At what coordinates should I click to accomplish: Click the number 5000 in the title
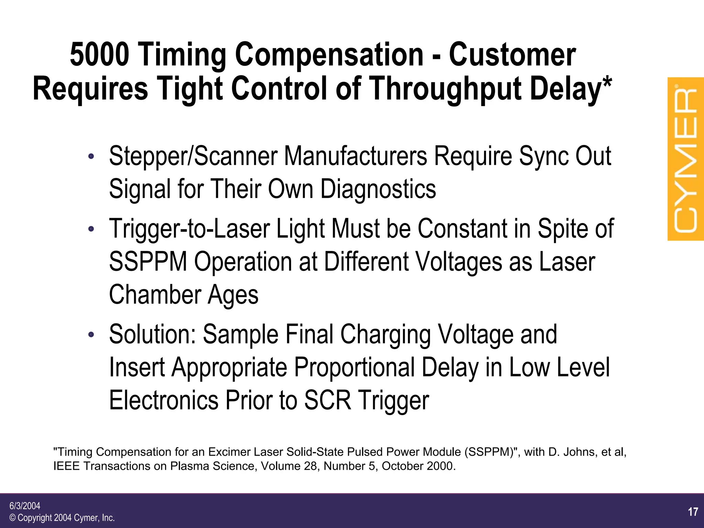(x=100, y=54)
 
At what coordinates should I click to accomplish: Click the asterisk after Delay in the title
(x=606, y=83)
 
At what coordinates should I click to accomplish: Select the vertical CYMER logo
(x=685, y=159)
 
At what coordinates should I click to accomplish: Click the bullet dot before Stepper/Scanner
(x=91, y=157)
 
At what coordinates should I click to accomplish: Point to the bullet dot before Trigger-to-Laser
(x=91, y=229)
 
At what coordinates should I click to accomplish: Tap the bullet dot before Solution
(x=91, y=335)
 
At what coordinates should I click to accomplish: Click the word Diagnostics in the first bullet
(x=378, y=189)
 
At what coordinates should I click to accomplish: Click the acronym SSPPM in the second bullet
(x=148, y=262)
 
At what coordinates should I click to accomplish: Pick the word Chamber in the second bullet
(x=155, y=295)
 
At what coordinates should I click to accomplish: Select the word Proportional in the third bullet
(x=354, y=367)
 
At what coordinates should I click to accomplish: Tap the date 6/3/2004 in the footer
(x=25, y=506)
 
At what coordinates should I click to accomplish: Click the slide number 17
(x=693, y=512)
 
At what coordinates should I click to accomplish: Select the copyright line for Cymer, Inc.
(x=62, y=518)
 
